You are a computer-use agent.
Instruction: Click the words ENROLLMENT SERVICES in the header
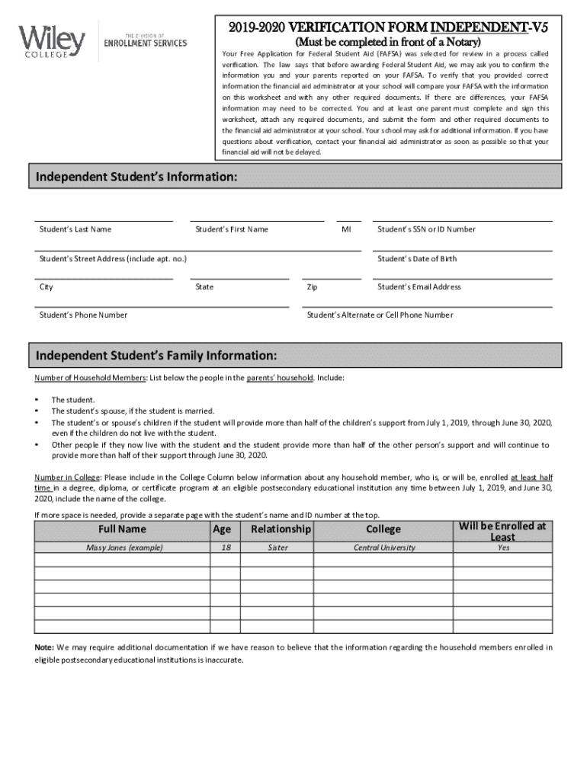145,43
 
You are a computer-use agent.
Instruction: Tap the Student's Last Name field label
75,229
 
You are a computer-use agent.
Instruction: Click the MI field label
347,229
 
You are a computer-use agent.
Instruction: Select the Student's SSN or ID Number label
426,229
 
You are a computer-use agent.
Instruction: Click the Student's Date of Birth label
417,259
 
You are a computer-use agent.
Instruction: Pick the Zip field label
312,287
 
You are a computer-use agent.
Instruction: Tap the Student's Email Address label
419,287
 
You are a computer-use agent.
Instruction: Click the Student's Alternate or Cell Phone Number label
379,315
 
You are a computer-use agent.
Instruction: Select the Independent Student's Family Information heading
156,356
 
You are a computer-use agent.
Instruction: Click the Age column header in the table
222,529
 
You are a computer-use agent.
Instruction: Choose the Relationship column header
281,529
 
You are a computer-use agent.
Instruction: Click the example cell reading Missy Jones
122,548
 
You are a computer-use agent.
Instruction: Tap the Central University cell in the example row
384,548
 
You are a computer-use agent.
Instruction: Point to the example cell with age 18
222,548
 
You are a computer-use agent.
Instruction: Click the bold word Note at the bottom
43,647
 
